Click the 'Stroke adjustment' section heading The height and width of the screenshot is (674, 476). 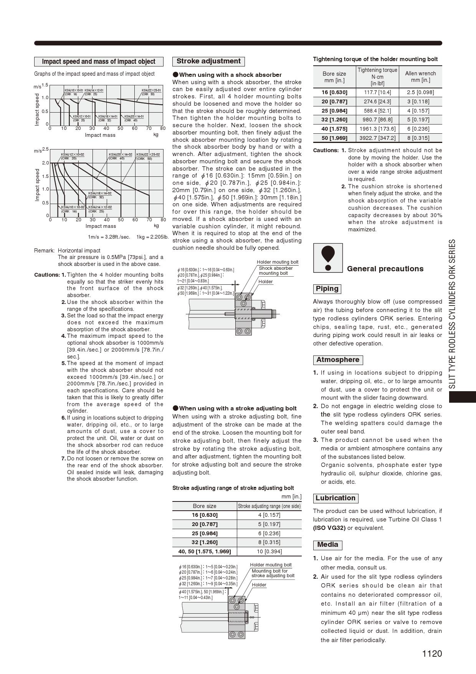[x=208, y=61]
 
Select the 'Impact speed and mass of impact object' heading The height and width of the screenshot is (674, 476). [x=99, y=61]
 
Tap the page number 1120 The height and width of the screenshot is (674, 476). [x=432, y=654]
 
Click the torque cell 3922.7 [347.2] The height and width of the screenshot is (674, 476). [x=377, y=138]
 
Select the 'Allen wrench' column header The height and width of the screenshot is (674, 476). [x=420, y=76]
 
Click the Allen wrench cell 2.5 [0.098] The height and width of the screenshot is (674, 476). [x=420, y=92]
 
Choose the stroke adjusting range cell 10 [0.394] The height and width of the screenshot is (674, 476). [x=269, y=551]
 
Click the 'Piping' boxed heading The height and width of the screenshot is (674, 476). [x=327, y=289]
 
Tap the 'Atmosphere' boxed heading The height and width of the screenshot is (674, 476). [x=338, y=360]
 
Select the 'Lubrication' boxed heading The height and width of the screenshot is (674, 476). [x=336, y=498]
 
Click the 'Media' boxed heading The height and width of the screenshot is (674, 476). [x=327, y=545]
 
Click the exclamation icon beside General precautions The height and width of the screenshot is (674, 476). [x=328, y=257]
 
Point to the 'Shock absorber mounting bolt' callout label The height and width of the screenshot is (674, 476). [x=275, y=271]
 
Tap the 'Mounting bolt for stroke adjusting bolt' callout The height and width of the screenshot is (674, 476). [x=273, y=573]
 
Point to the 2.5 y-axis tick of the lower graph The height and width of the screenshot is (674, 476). [x=45, y=149]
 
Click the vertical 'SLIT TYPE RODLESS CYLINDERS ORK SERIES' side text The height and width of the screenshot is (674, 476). [x=453, y=314]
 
